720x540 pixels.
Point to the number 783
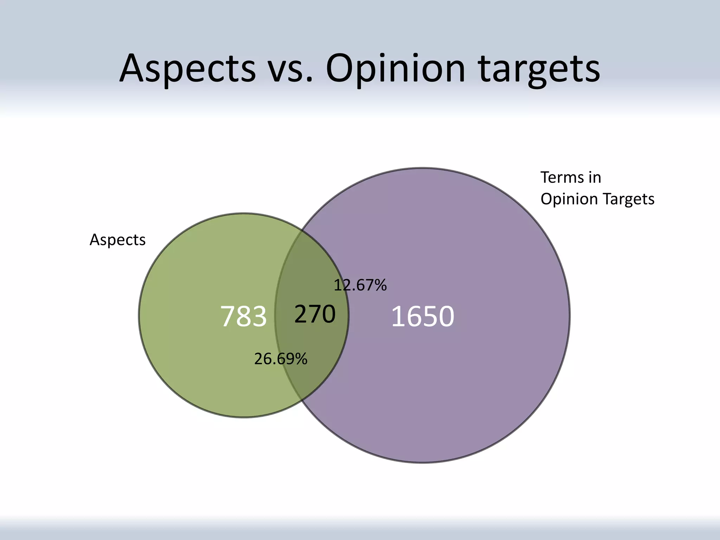pos(243,316)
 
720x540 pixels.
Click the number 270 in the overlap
pos(315,314)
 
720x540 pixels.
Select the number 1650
pos(423,316)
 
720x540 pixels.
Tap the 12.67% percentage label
pos(360,285)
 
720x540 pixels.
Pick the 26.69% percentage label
pos(281,359)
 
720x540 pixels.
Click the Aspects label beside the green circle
pos(117,240)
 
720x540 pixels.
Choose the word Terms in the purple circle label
pos(561,178)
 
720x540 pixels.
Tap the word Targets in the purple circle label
pos(629,199)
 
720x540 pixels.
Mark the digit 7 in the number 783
pos(227,316)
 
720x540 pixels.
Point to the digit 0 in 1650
pos(446,316)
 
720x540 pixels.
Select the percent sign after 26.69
pos(301,359)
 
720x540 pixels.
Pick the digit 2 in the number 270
pos(301,314)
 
